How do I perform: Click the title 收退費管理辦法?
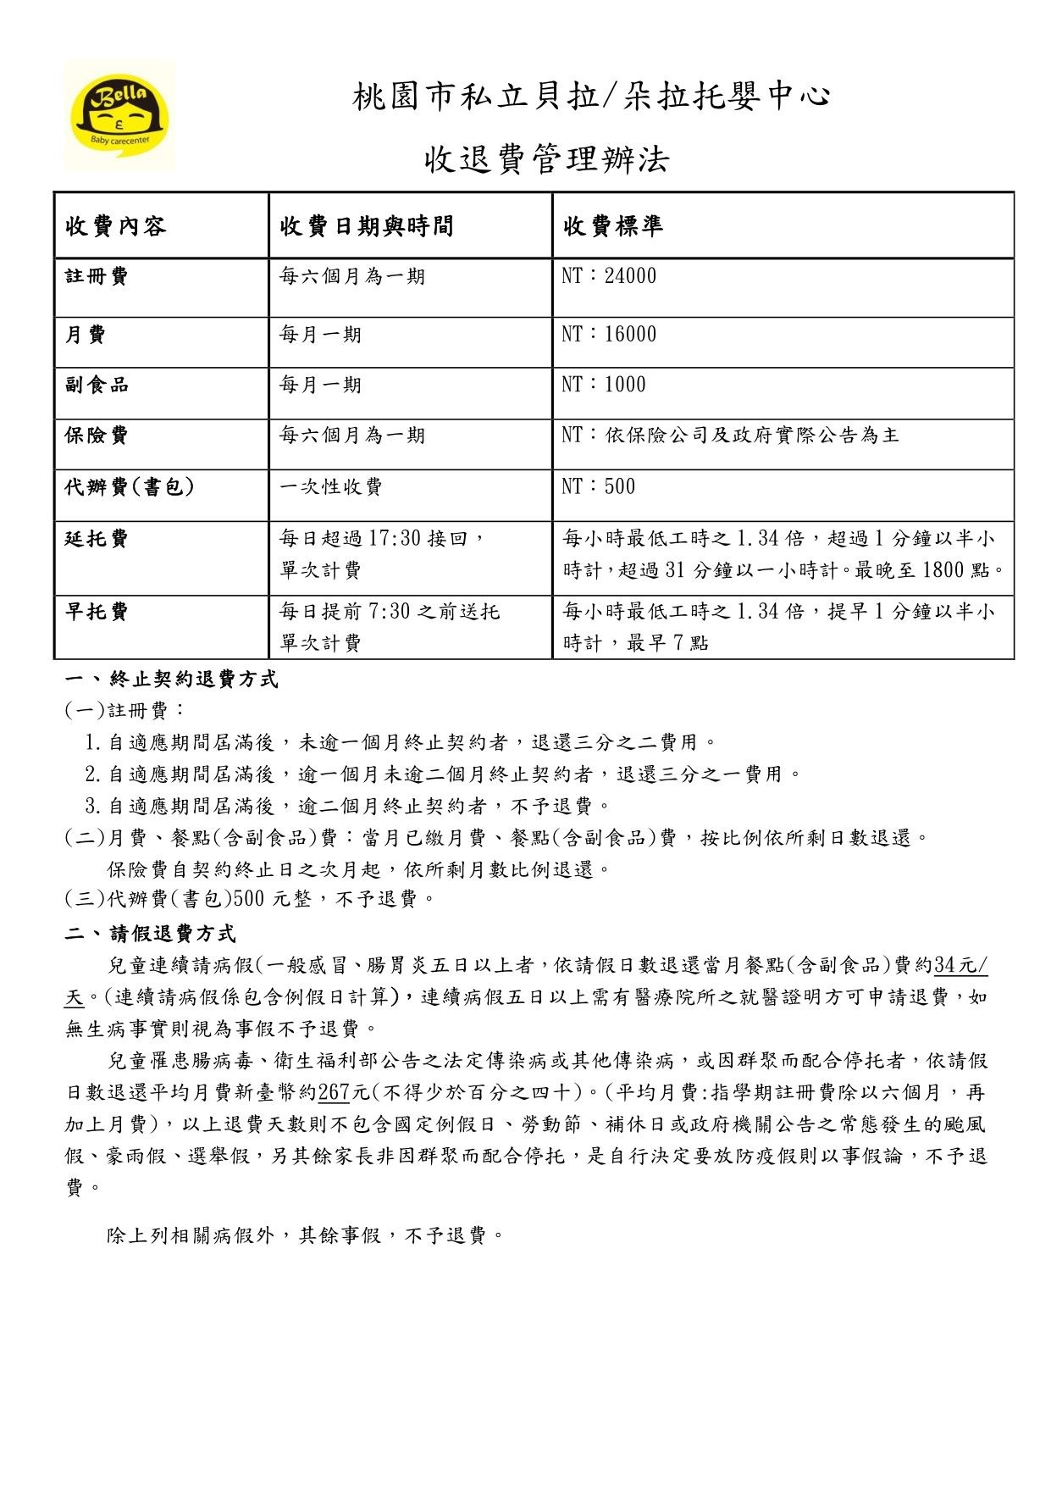tap(546, 158)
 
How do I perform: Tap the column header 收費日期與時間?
tap(366, 226)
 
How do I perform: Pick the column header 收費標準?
tap(612, 226)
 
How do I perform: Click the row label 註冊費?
tap(97, 276)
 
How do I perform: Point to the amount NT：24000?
tap(609, 276)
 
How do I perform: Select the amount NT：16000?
tap(609, 335)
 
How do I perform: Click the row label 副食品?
tap(97, 385)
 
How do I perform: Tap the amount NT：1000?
tap(603, 385)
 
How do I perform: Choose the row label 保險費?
tap(97, 436)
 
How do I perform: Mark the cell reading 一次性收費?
tap(331, 486)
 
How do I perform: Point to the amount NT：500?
tap(598, 486)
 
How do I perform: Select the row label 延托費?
tap(97, 539)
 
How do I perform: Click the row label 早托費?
tap(97, 612)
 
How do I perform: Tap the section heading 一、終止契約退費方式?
tap(172, 680)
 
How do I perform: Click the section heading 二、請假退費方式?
tap(151, 934)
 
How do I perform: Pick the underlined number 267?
tap(334, 1093)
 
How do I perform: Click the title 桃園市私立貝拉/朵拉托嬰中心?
tap(591, 97)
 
